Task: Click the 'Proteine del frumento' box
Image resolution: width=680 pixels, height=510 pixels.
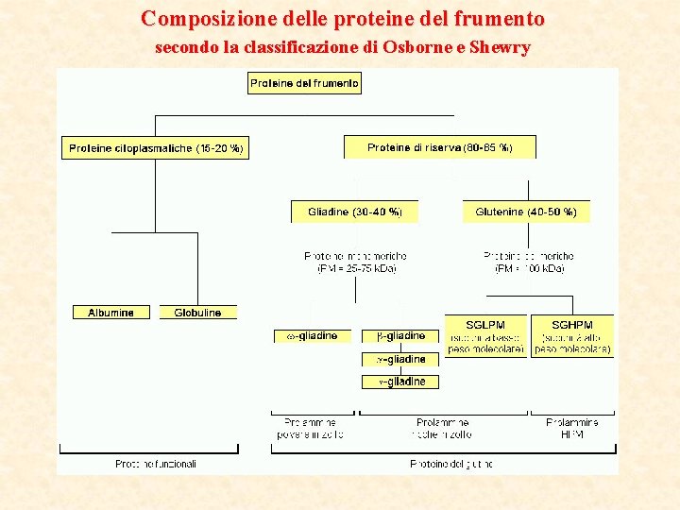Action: [x=304, y=83]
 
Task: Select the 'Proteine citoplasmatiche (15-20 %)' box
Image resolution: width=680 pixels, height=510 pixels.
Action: [x=156, y=148]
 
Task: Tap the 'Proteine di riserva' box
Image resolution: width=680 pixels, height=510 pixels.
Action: [x=439, y=147]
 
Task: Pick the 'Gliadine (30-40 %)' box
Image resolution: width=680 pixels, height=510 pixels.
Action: [x=354, y=212]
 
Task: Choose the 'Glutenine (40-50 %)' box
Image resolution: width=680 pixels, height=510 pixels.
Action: [x=526, y=212]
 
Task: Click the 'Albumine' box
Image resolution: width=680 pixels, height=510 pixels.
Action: [x=110, y=313]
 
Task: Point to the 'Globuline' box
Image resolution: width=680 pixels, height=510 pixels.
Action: [x=197, y=313]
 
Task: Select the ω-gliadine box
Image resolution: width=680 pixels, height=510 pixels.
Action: [x=312, y=336]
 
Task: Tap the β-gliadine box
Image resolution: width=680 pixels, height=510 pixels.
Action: [x=400, y=336]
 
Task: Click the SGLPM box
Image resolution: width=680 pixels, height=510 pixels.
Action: [x=485, y=337]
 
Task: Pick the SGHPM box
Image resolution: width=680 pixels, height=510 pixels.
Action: [x=572, y=337]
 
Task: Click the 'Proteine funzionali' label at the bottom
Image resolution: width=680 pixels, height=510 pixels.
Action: [x=156, y=464]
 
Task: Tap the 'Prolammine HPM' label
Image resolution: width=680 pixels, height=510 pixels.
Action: [x=572, y=429]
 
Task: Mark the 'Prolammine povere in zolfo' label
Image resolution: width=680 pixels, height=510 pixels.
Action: [x=311, y=429]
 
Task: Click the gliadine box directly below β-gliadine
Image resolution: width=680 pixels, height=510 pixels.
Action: [x=400, y=359]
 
